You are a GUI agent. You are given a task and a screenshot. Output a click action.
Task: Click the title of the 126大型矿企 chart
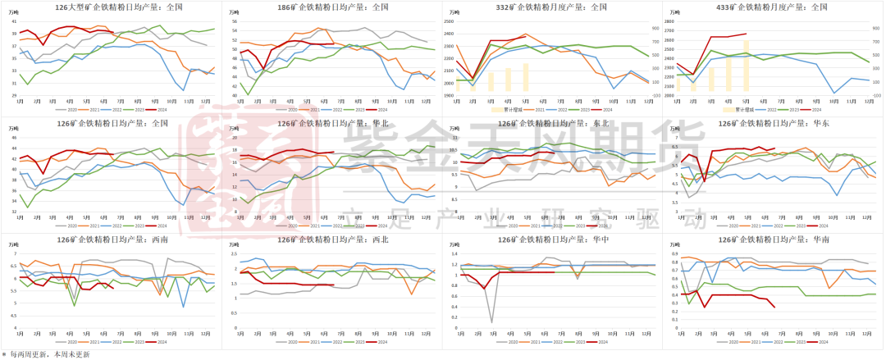[113, 7]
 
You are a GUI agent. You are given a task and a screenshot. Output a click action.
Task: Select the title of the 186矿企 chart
[332, 7]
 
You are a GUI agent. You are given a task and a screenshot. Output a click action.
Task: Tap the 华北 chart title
[332, 124]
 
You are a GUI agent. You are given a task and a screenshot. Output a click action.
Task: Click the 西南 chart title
[113, 239]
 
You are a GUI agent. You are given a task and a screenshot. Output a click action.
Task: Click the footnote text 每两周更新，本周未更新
[49, 354]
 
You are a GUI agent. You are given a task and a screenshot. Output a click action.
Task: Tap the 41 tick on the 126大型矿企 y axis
[14, 21]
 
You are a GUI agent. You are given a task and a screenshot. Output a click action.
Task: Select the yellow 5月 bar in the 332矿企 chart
[526, 77]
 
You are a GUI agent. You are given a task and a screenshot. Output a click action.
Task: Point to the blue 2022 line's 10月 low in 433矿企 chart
[834, 93]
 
